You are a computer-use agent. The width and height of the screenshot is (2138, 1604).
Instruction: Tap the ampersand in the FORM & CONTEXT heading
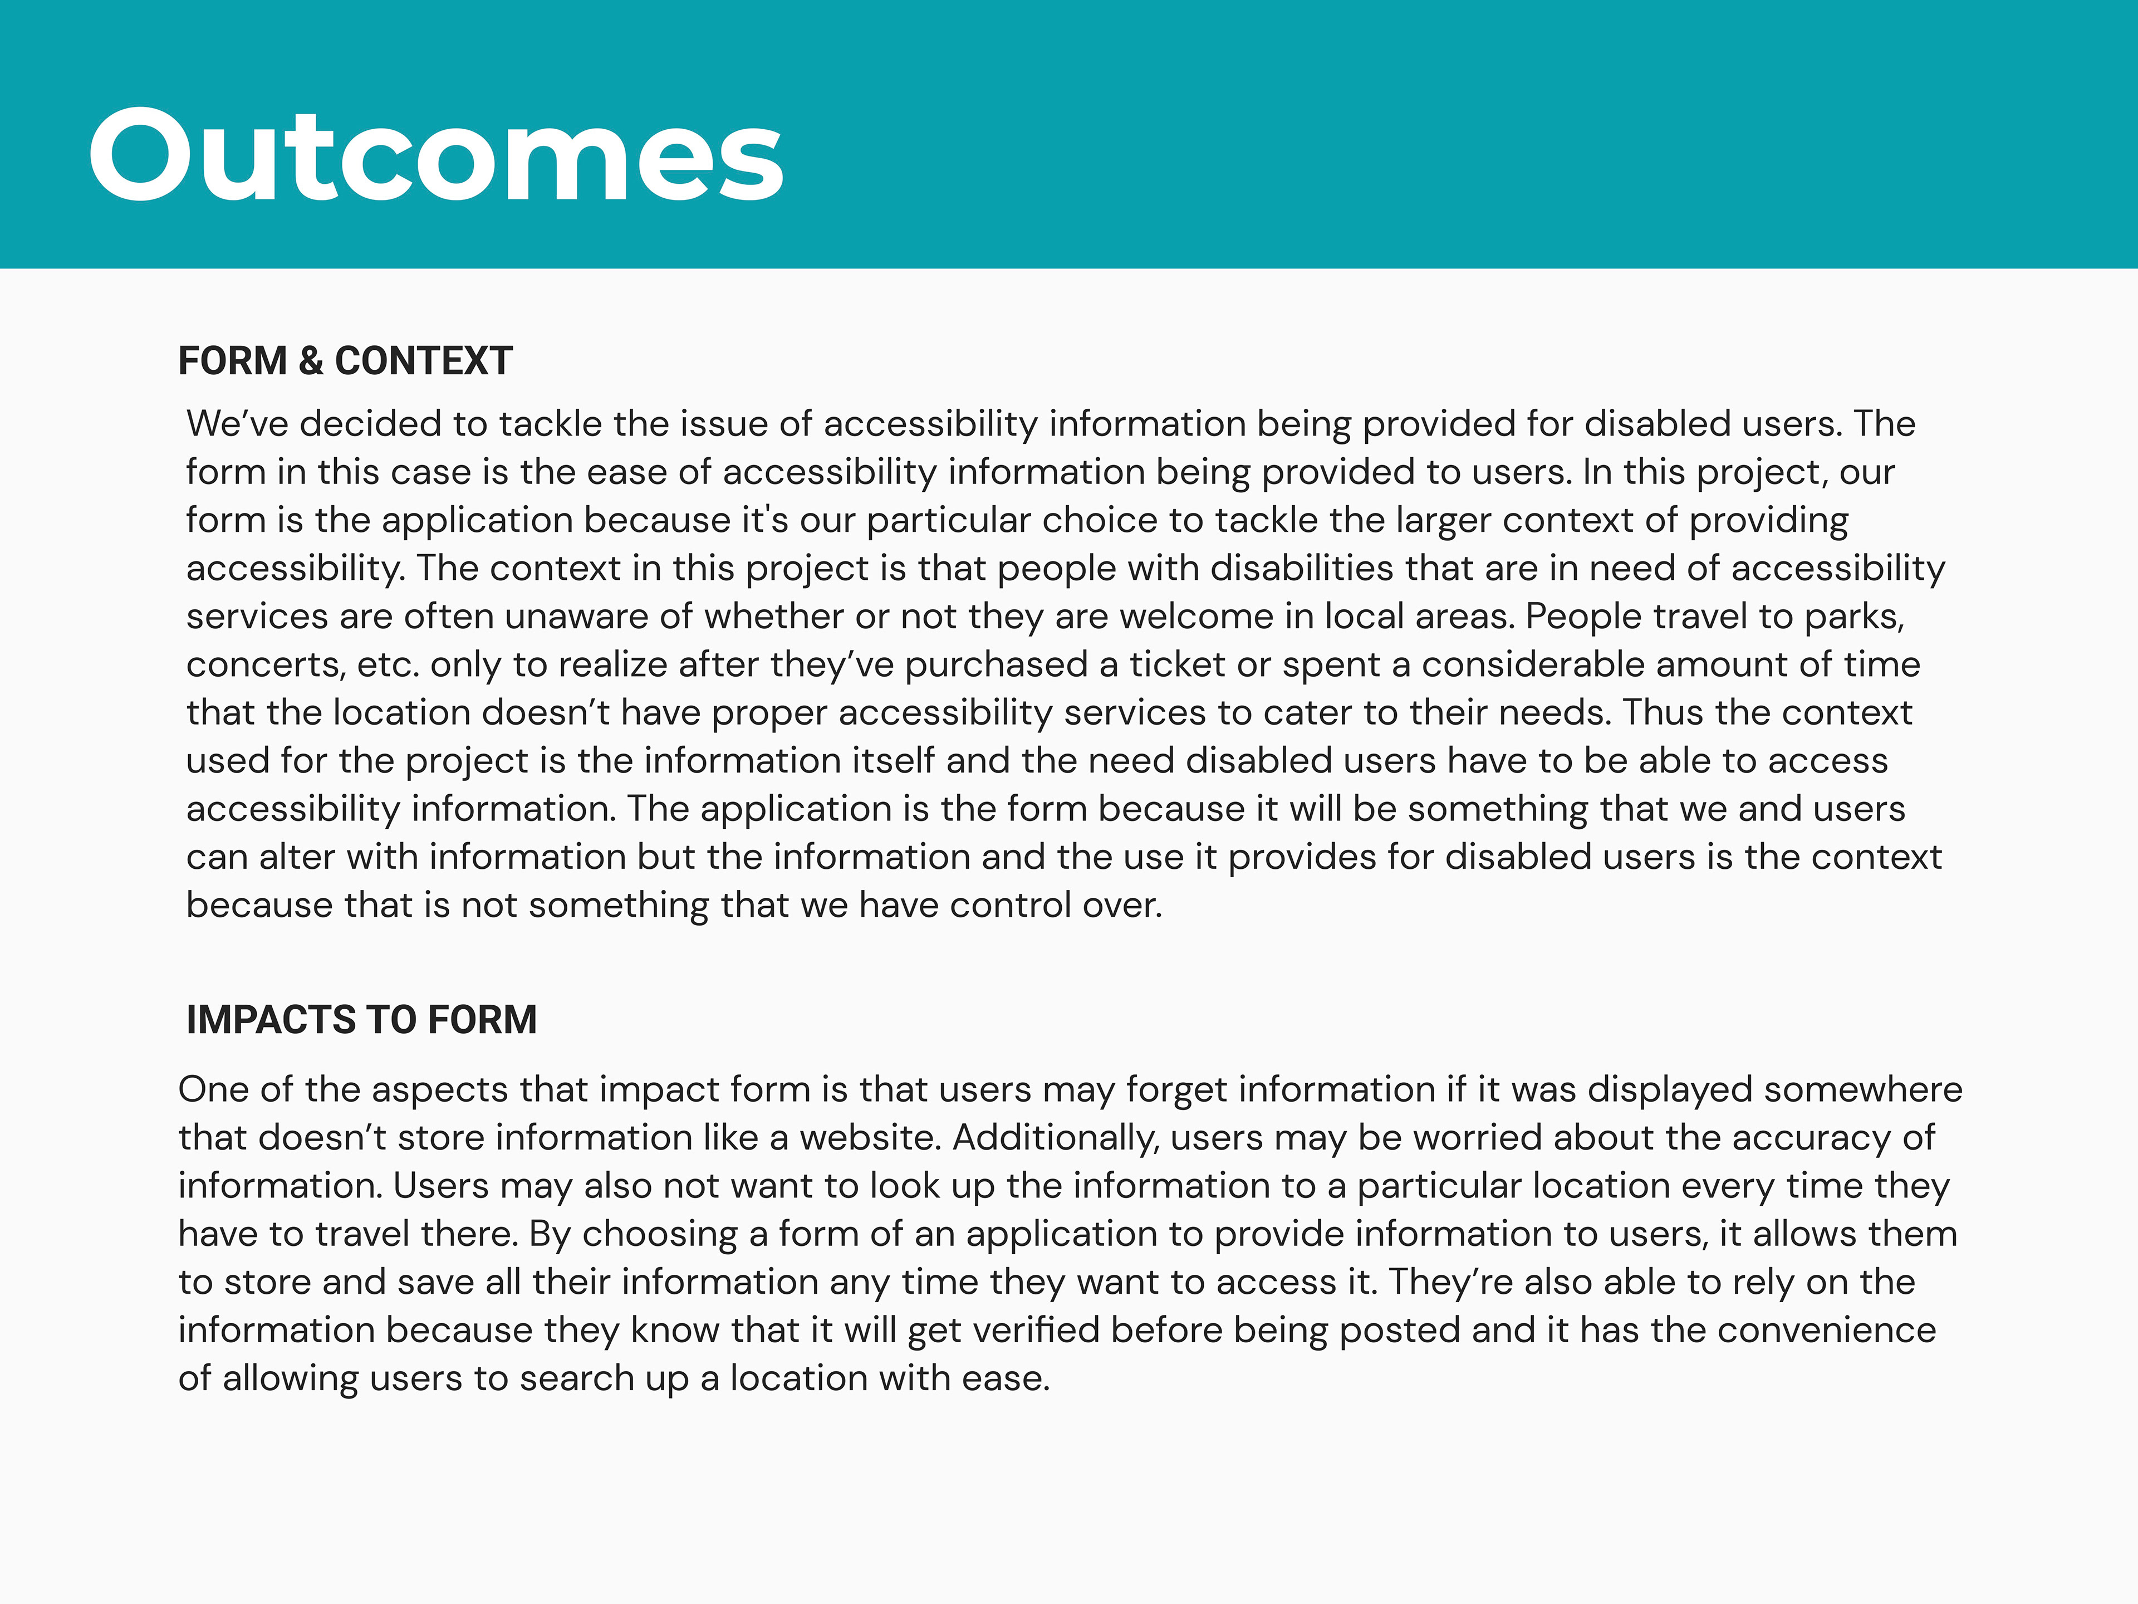coord(311,361)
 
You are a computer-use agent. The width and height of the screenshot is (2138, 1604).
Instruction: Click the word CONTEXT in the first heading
coord(423,361)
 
